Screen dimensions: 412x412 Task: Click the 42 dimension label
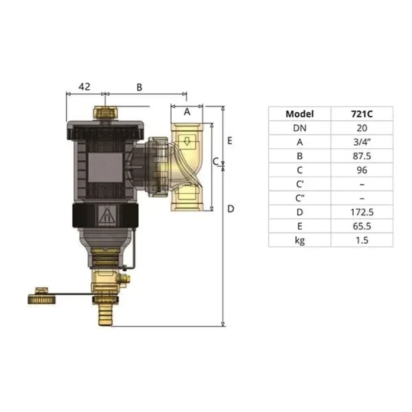(x=84, y=86)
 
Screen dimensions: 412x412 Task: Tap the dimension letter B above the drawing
(x=139, y=87)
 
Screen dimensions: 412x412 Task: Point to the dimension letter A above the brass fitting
(x=187, y=112)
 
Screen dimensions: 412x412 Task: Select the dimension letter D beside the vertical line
(x=231, y=209)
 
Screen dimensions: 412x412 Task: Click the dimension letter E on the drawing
(x=230, y=141)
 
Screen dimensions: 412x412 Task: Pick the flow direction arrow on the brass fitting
(x=187, y=142)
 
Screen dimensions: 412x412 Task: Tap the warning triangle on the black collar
(x=106, y=215)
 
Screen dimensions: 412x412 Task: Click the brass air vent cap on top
(x=105, y=112)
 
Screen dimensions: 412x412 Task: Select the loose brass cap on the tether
(x=42, y=296)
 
